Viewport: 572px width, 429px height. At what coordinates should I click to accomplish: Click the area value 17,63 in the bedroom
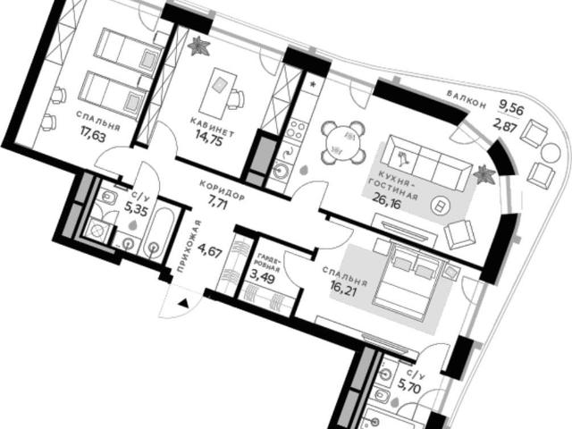tap(94, 139)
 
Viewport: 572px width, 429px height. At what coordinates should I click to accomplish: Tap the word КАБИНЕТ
tap(212, 126)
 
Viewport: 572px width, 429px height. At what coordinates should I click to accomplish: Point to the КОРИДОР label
tap(222, 189)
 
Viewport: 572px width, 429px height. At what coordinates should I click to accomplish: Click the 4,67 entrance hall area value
tap(210, 250)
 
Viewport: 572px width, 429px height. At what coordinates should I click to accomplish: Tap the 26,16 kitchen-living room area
tap(386, 201)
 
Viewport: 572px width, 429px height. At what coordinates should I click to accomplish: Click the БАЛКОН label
tap(467, 99)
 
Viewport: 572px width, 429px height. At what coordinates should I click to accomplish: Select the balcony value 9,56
tap(511, 109)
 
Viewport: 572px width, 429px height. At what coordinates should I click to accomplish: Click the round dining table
tap(343, 141)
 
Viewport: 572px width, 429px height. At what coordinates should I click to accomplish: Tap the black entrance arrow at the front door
tap(184, 302)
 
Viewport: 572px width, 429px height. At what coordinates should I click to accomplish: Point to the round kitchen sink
tap(282, 171)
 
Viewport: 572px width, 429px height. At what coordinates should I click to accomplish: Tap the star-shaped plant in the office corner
tap(198, 46)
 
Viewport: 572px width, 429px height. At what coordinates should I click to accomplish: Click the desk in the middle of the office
tap(221, 91)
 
